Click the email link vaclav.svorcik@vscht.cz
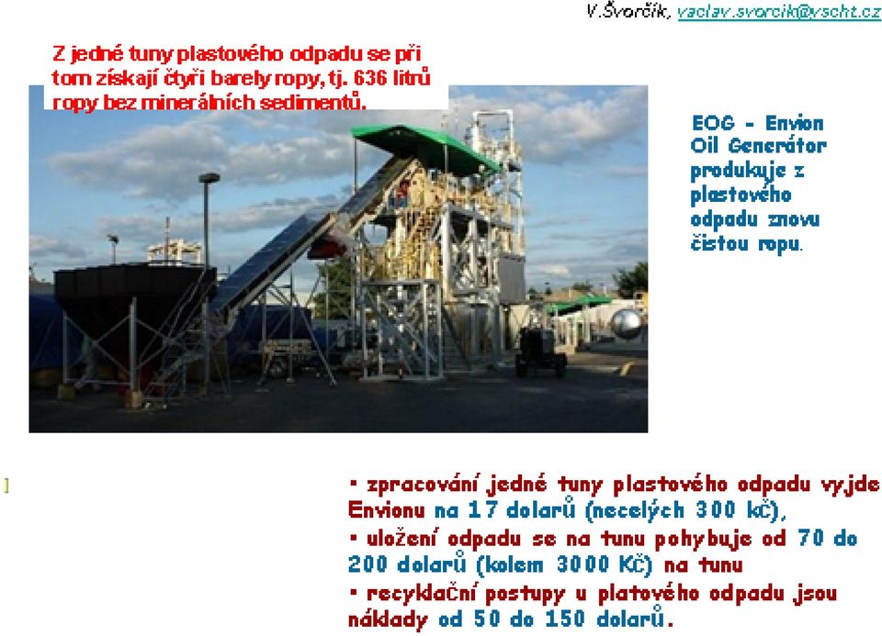779,12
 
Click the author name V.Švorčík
628,11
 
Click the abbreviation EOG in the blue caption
713,123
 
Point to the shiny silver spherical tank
626,324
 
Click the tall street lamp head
209,177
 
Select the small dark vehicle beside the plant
540,351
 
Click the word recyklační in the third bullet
422,594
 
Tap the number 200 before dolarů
367,564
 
